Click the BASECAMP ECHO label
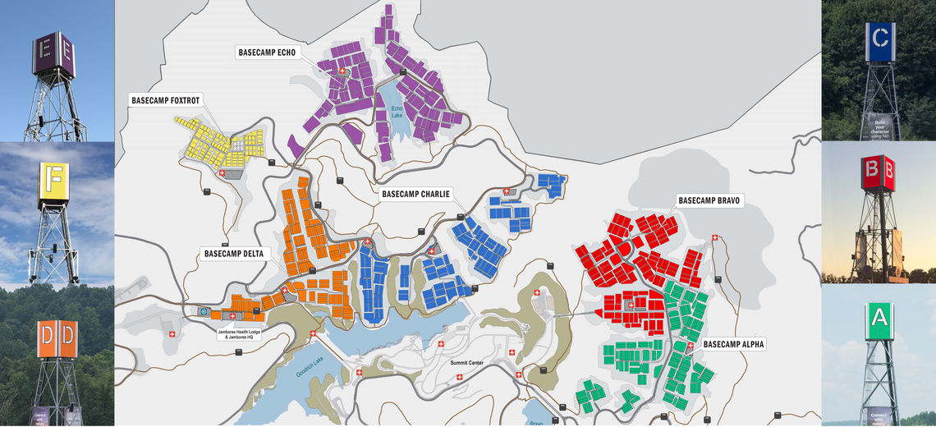click(266, 52)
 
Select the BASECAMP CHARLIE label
click(415, 195)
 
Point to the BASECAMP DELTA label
click(234, 254)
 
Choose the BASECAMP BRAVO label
click(709, 200)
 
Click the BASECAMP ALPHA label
click(733, 345)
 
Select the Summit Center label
click(468, 362)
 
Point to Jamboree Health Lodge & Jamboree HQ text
click(243, 334)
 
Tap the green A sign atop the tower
click(880, 320)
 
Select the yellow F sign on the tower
click(54, 181)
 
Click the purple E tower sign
click(53, 54)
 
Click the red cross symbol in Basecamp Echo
click(342, 71)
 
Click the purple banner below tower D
click(40, 416)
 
